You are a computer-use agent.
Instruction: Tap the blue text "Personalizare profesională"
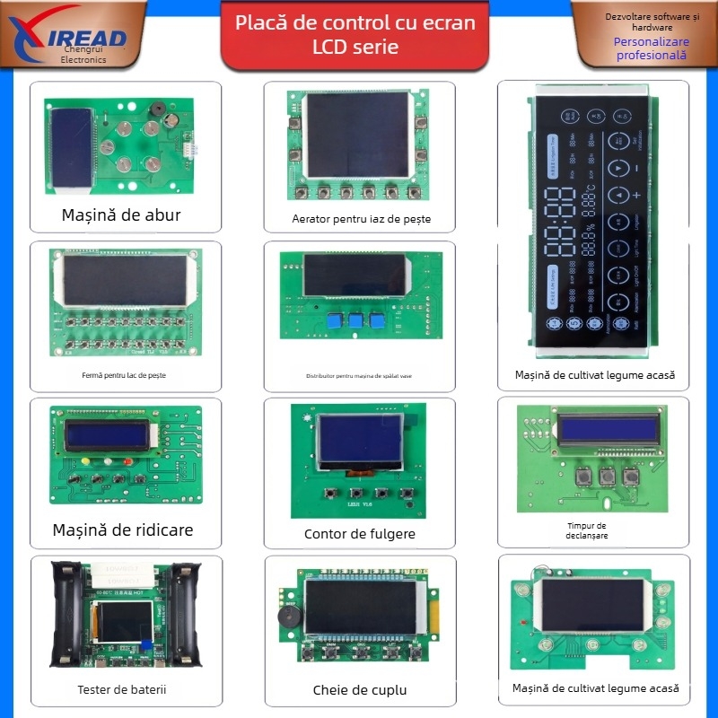tap(651, 48)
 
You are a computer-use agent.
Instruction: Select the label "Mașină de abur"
tap(121, 215)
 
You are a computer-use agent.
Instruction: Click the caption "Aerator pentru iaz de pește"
tap(355, 218)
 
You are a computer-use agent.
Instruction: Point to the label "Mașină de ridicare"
tap(122, 530)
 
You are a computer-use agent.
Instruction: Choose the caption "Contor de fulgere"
tap(359, 534)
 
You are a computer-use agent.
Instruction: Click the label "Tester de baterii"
tap(122, 689)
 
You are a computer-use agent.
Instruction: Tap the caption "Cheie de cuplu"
tap(359, 689)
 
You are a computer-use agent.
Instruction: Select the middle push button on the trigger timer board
tap(607, 477)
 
